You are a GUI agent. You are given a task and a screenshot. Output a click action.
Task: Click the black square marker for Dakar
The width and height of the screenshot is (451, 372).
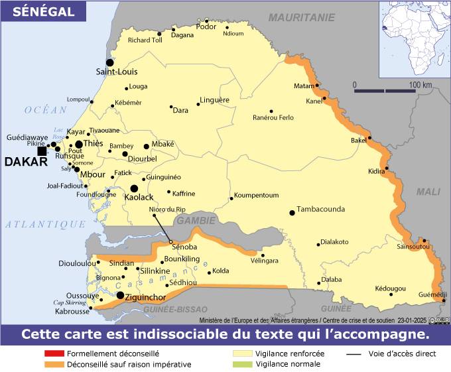[42, 151]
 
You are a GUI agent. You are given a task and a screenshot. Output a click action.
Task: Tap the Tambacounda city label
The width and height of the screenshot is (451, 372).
[320, 209]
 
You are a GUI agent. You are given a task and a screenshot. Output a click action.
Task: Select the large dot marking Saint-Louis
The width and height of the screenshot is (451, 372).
[110, 62]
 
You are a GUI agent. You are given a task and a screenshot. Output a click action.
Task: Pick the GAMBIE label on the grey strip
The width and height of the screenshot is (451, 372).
[195, 220]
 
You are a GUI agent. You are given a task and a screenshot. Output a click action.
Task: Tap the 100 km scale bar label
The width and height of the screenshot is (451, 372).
[420, 85]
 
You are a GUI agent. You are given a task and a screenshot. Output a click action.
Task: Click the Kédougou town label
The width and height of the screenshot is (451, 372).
[389, 288]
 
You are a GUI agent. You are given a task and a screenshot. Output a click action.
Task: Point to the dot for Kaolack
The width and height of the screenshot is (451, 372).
[134, 188]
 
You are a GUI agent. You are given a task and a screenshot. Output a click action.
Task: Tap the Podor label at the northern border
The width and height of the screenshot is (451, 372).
[206, 27]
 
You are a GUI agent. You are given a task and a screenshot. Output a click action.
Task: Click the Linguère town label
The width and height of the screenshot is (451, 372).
[215, 100]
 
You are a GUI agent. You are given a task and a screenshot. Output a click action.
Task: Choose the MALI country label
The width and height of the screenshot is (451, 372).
[428, 192]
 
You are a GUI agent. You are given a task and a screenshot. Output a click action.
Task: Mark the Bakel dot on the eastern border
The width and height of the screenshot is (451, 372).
[369, 138]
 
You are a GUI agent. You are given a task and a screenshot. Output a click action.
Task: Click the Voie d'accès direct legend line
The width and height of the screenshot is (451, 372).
[354, 354]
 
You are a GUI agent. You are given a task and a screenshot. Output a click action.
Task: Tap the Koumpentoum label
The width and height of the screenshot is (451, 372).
[256, 196]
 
